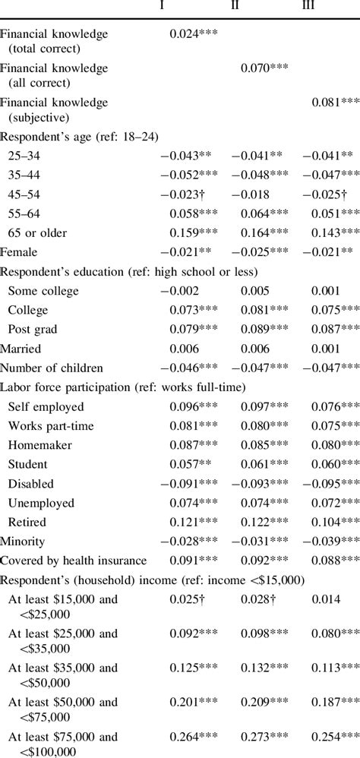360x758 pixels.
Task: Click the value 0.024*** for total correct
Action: (194, 34)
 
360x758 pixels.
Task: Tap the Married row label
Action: (21, 349)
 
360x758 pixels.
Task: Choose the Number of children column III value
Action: (331, 367)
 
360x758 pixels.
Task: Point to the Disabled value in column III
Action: (331, 484)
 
